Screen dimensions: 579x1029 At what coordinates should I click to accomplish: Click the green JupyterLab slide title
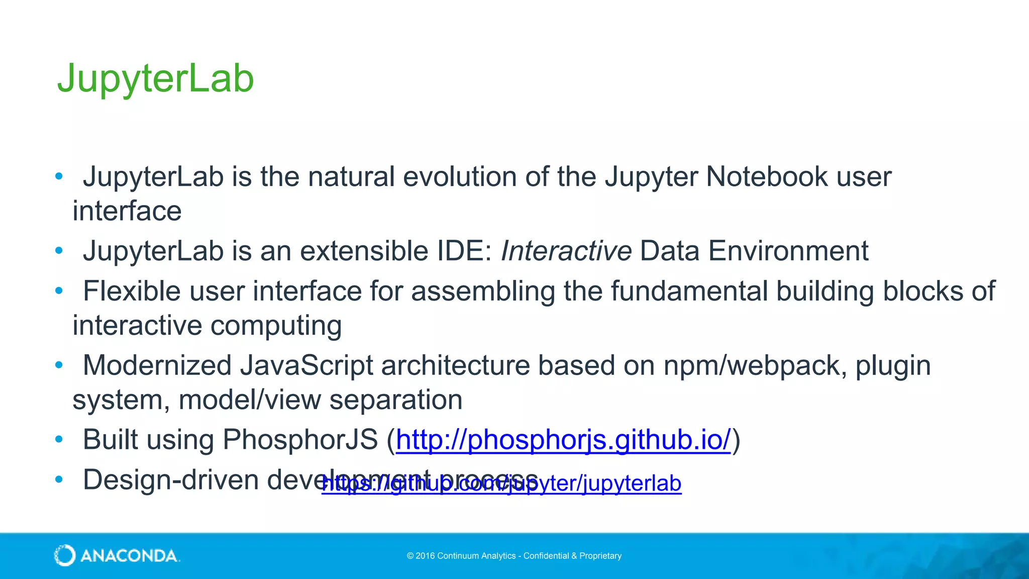(156, 78)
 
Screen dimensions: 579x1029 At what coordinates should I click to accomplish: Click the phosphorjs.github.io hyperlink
(563, 440)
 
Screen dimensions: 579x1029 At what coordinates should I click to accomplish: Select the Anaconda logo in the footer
(117, 555)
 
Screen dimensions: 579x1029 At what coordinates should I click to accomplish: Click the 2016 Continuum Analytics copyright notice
(514, 556)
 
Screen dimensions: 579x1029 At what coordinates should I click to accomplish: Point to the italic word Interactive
(566, 251)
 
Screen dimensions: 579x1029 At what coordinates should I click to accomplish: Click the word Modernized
(157, 365)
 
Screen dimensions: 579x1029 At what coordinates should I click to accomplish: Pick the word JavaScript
(306, 365)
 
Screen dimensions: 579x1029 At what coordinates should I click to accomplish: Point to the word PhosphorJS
(300, 440)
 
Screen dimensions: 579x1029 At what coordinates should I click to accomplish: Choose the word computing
(276, 326)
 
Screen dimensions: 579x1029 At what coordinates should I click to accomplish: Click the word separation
(396, 400)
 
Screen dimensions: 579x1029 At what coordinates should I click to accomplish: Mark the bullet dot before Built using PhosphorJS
(59, 440)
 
